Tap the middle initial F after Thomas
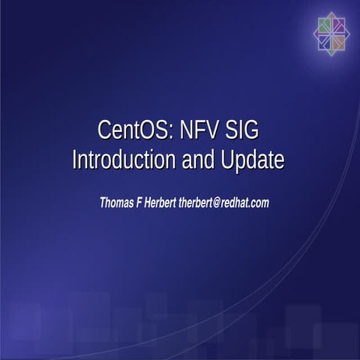pyautogui.click(x=148, y=202)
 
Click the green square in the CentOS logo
pyautogui.click(x=325, y=25)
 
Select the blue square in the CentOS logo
pyautogui.click(x=325, y=40)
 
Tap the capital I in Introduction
pyautogui.click(x=74, y=160)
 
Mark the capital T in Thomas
pyautogui.click(x=103, y=202)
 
